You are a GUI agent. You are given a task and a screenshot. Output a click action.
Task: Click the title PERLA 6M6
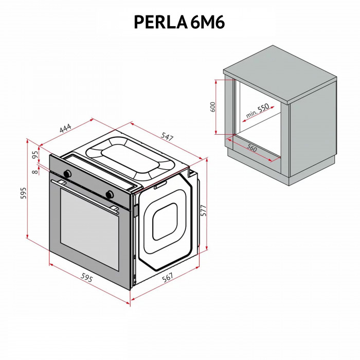(x=179, y=22)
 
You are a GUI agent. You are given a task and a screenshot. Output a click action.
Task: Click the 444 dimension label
(x=65, y=129)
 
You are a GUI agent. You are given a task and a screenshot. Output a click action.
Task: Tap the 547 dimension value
(x=167, y=137)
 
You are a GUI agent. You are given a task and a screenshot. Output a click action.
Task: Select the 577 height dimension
(x=204, y=211)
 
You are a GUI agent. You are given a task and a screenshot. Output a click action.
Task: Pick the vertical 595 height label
(x=23, y=192)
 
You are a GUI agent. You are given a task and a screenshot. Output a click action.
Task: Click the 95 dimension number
(x=35, y=154)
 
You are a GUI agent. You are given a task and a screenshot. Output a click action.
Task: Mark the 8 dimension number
(x=34, y=172)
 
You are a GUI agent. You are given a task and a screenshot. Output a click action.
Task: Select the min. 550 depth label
(x=257, y=112)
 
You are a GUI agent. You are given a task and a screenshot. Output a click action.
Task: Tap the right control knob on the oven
(x=110, y=194)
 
